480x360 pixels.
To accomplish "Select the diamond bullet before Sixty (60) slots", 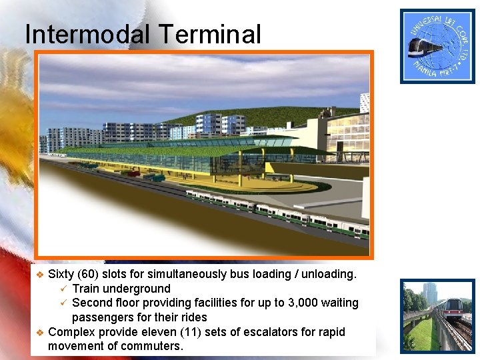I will [39, 275].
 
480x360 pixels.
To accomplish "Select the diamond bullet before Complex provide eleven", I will [39, 332].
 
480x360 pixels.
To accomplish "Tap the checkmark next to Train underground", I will [63, 289].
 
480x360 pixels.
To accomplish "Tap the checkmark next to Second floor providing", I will [63, 303].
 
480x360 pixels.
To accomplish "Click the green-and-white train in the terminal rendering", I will [280, 210].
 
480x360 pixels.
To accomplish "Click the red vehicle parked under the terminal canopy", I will [132, 173].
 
